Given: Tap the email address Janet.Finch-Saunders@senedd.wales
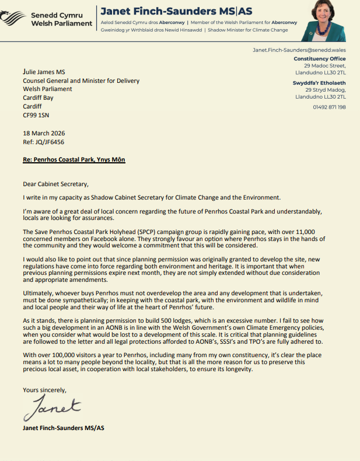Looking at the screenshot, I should (x=299, y=50).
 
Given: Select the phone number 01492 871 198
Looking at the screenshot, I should (x=330, y=107).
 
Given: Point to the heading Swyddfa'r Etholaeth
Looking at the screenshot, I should (x=319, y=83).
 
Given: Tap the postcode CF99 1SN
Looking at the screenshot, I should (x=37, y=116).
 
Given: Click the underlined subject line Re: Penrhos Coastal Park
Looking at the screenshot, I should (x=74, y=159).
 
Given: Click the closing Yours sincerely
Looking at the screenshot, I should (x=44, y=390).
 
